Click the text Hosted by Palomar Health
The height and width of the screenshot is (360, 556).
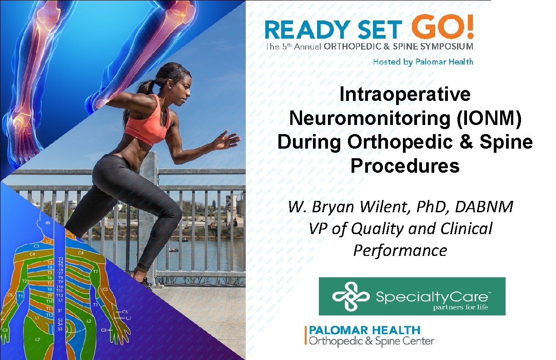(x=422, y=62)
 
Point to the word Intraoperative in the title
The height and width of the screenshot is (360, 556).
(x=405, y=95)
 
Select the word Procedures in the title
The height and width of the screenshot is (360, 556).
(x=405, y=166)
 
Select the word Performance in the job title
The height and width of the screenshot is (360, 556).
(x=400, y=250)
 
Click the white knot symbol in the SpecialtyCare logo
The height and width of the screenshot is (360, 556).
(x=349, y=296)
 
